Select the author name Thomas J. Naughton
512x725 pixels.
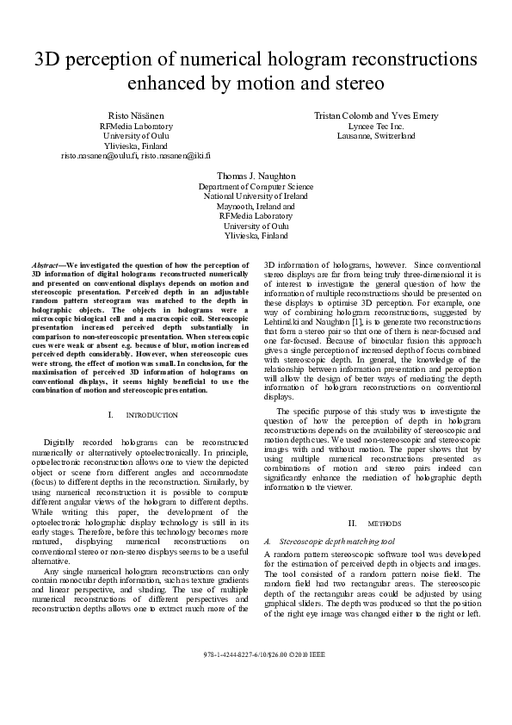256,176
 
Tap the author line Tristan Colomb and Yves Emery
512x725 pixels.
375,115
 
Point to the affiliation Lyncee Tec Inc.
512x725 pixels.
375,126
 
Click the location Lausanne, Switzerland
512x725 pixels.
375,136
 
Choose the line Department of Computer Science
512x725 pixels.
256,186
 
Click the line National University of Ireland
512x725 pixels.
256,196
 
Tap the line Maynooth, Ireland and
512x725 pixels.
256,207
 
